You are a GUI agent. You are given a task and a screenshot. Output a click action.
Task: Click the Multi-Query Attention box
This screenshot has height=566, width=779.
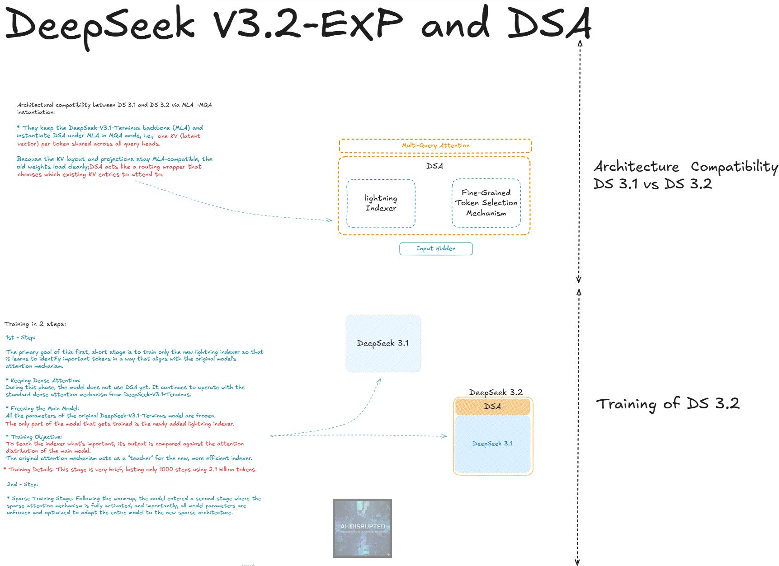tap(435, 145)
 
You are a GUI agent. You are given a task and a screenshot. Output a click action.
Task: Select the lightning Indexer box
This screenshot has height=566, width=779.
tap(381, 203)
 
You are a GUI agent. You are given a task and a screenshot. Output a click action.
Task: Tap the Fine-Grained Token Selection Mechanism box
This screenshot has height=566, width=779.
tap(486, 203)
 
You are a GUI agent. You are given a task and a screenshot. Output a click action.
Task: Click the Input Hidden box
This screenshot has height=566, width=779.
tap(436, 248)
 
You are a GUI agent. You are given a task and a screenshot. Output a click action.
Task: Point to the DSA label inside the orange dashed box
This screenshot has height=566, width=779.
tap(434, 166)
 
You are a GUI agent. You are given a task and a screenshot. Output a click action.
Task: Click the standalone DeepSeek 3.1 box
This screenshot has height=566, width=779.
tap(383, 343)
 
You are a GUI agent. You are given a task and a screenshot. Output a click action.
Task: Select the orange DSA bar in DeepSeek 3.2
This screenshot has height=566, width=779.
tap(492, 406)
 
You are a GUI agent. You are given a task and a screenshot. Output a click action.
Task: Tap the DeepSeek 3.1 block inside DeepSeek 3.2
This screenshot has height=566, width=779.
tap(492, 444)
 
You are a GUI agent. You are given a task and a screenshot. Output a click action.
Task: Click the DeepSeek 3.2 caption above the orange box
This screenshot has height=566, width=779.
tap(496, 392)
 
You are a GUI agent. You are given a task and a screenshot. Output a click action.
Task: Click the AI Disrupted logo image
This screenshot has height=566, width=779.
tap(362, 528)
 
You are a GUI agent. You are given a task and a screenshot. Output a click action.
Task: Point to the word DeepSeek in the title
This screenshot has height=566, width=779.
tap(99, 25)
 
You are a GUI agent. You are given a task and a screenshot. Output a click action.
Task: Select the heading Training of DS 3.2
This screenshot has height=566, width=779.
tap(667, 403)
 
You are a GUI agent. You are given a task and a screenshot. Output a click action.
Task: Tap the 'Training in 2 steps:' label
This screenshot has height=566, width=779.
tap(35, 324)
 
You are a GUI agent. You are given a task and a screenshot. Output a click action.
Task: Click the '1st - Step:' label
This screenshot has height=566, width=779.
tap(20, 337)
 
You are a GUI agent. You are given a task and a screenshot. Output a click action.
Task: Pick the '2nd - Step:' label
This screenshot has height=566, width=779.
tap(22, 484)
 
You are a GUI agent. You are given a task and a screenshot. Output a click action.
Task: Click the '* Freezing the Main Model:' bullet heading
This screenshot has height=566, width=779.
tap(42, 408)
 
